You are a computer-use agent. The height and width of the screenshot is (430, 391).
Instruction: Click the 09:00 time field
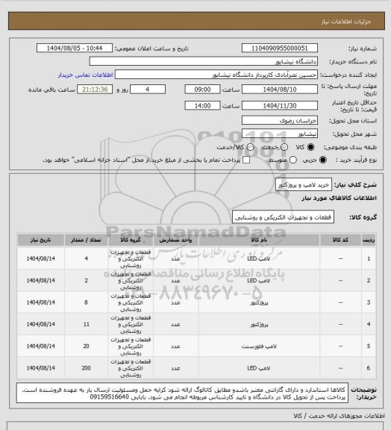coord(204,88)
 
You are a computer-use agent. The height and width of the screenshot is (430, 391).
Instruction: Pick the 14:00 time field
coord(204,105)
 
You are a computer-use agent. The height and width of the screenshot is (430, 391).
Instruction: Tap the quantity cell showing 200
coord(87,369)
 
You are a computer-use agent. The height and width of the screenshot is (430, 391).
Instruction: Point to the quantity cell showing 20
coord(87,347)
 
